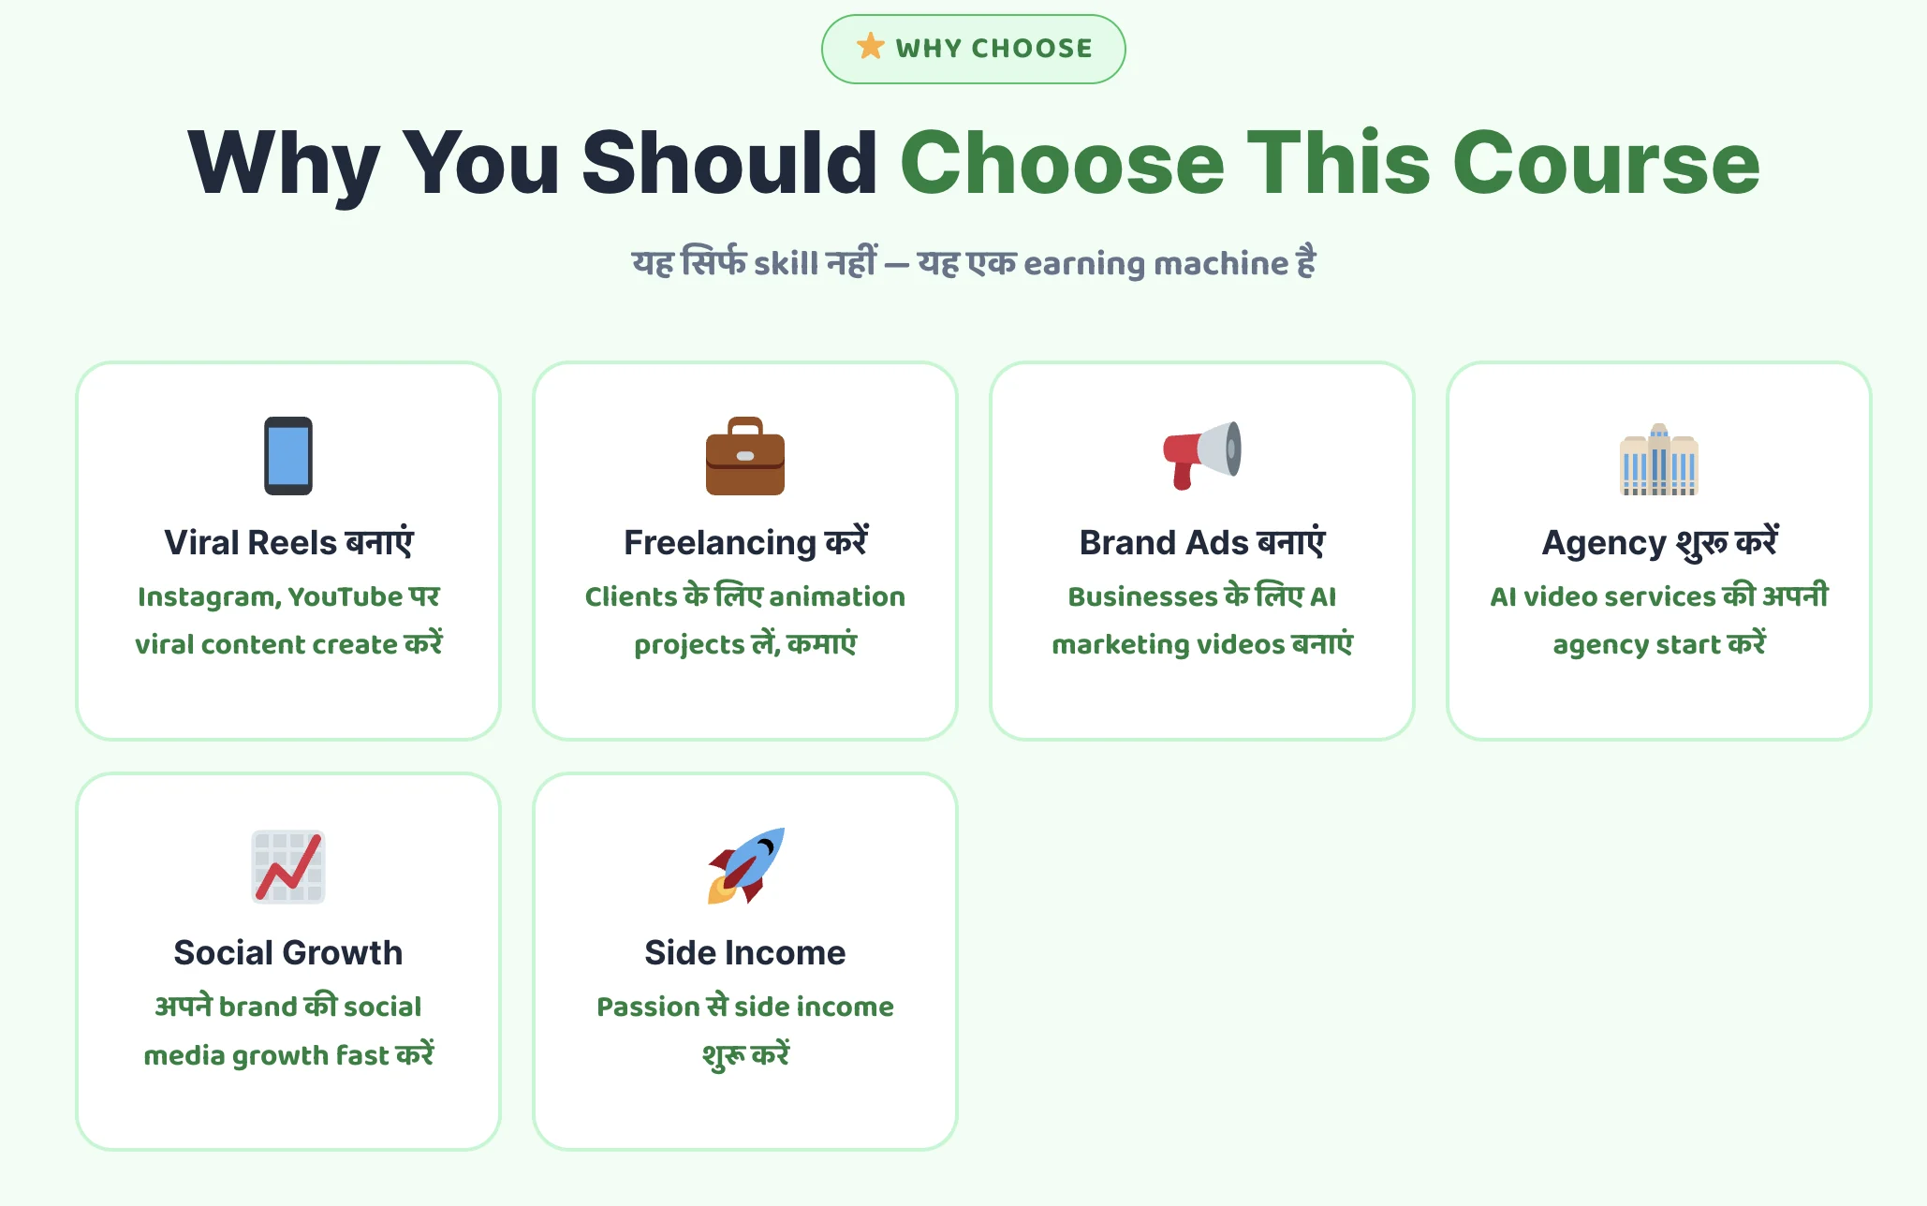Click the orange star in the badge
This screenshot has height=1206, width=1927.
[871, 46]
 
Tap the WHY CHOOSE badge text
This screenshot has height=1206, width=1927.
[993, 49]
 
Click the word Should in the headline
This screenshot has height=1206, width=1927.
[729, 163]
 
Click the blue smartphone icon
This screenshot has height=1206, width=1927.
[288, 456]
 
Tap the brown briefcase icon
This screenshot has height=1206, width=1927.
[745, 456]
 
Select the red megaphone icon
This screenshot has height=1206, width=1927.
[1202, 455]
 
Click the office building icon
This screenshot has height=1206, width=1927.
[1659, 459]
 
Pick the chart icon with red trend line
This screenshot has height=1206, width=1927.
[288, 867]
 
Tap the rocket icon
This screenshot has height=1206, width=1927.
[745, 866]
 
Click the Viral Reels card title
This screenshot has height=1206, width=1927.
[288, 542]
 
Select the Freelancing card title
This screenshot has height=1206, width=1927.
[745, 542]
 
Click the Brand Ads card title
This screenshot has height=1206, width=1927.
[1202, 542]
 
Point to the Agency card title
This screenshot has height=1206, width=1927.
[1659, 542]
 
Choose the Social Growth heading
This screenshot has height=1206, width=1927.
[288, 952]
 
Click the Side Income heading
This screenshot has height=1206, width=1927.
[745, 952]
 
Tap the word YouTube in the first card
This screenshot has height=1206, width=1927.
[346, 596]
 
